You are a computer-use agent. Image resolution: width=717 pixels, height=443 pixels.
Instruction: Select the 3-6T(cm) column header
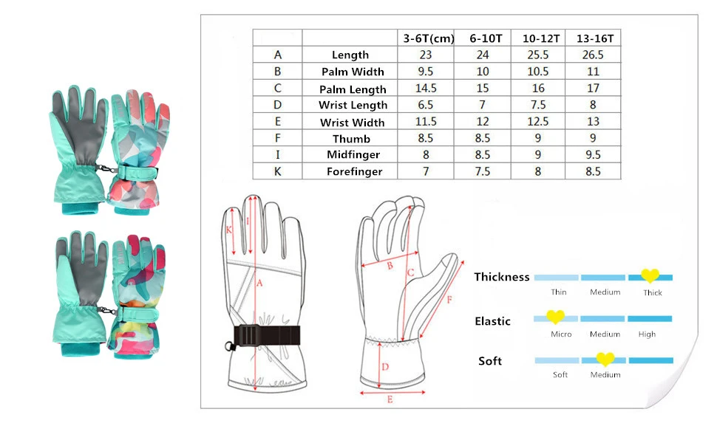(x=428, y=38)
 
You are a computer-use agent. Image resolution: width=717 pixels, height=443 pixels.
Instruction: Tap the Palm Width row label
(x=353, y=72)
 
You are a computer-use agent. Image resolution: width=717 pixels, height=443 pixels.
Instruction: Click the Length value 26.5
(x=593, y=55)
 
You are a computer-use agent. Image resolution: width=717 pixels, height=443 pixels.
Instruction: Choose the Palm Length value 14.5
(x=427, y=89)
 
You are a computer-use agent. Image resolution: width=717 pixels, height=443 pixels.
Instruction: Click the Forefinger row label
(x=354, y=171)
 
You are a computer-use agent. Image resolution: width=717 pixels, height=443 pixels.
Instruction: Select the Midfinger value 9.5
(x=593, y=155)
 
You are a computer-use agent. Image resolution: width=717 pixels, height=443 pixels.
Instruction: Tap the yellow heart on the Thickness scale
(x=650, y=276)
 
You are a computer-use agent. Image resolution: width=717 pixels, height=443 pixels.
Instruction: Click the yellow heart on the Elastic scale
(x=555, y=317)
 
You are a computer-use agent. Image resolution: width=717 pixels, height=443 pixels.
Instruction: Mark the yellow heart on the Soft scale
(x=605, y=360)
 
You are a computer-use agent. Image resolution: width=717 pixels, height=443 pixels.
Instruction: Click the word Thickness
(x=502, y=277)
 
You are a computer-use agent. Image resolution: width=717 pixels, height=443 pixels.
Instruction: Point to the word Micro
(x=561, y=334)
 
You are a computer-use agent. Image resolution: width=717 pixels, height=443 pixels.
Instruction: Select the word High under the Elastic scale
(x=647, y=334)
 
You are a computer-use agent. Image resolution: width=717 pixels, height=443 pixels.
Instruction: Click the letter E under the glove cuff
(x=390, y=399)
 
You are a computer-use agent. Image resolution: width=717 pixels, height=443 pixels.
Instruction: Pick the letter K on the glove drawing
(x=230, y=230)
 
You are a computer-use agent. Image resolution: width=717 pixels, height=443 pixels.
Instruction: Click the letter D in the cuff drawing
(x=384, y=367)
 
